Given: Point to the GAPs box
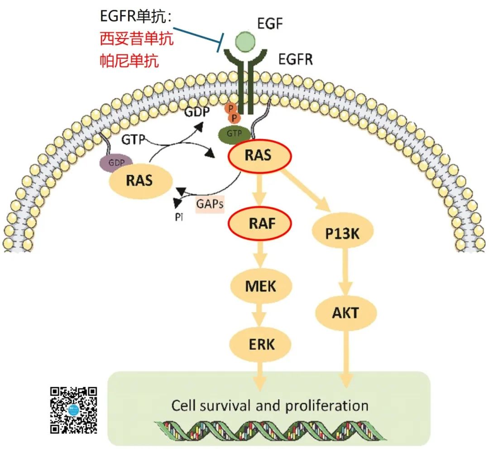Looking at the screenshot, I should click(x=210, y=205).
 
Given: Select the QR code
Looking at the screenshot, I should click(x=73, y=410).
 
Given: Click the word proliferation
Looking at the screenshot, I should click(x=326, y=405).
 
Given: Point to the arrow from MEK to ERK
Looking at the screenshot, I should click(x=260, y=315).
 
